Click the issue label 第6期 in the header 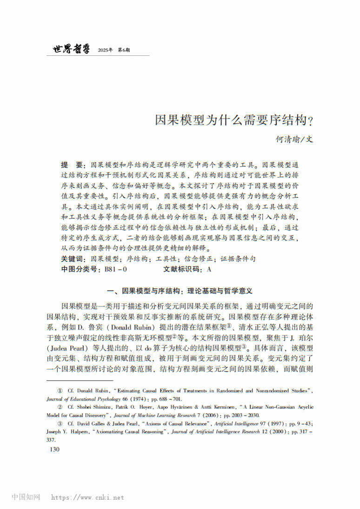[124, 50]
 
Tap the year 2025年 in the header [105, 50]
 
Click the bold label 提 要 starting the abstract [72, 165]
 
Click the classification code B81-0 [116, 269]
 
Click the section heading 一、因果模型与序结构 [180, 291]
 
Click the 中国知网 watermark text [26, 497]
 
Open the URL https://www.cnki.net [87, 497]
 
